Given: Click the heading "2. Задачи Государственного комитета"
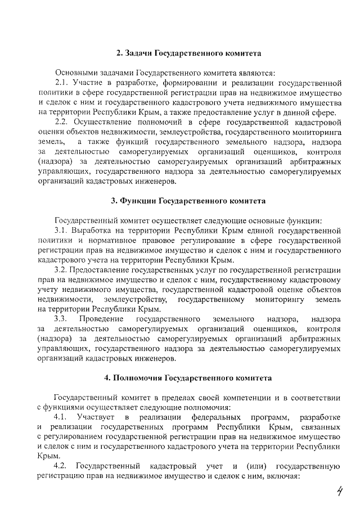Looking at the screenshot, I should (x=188, y=53).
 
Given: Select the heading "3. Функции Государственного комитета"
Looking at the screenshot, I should (x=188, y=201).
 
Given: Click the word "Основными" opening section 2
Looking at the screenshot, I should (x=75, y=73).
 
